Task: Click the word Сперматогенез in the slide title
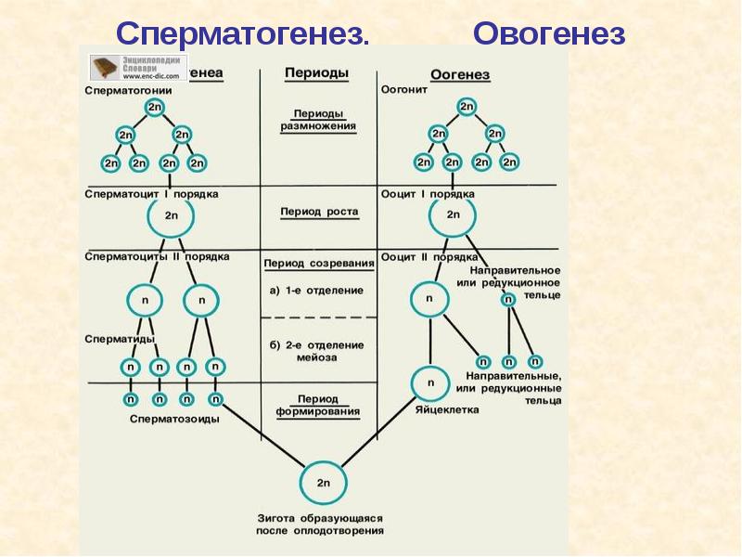click(243, 33)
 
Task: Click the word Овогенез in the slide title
click(549, 33)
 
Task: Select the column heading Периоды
click(316, 72)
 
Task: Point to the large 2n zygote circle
click(322, 483)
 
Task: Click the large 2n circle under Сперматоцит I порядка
click(170, 215)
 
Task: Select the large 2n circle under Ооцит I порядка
click(453, 215)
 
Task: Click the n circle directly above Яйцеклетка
click(429, 382)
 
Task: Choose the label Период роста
click(318, 212)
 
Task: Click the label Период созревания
click(318, 264)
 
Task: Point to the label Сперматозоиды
click(174, 419)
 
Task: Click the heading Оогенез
click(460, 74)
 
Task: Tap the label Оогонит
click(404, 91)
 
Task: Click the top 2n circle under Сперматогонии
click(154, 109)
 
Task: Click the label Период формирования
click(318, 404)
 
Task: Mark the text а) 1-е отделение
click(317, 290)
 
